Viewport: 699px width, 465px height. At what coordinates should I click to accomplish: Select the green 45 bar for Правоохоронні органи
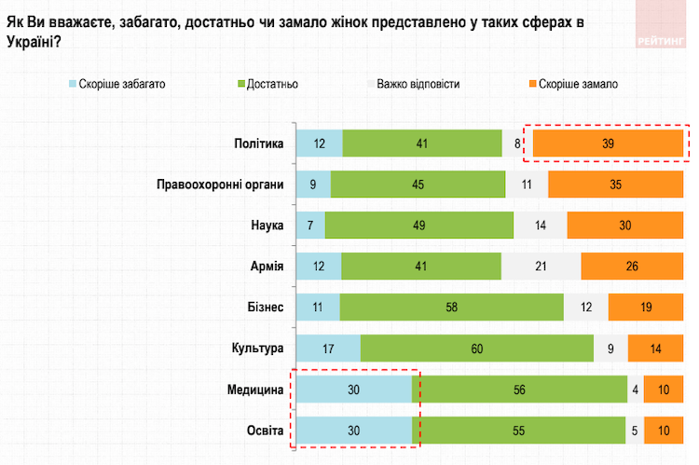[x=418, y=184]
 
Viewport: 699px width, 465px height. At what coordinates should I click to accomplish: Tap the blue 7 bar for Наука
[x=311, y=225]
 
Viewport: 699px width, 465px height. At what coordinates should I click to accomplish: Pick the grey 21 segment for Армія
[x=541, y=267]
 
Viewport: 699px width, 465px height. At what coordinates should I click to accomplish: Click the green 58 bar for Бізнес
[x=451, y=308]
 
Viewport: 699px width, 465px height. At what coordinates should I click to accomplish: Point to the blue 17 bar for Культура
[x=328, y=349]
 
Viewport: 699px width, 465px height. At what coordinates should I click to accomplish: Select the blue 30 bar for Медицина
[x=354, y=390]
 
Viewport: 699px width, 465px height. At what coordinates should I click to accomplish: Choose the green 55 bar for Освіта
[x=518, y=431]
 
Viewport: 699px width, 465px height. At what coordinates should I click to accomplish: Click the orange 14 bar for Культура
[x=655, y=349]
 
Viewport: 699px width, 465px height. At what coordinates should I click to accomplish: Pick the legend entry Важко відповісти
[x=418, y=84]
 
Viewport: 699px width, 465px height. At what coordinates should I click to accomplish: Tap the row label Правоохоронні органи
[x=219, y=184]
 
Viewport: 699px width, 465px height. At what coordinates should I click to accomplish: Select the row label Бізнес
[x=262, y=308]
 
